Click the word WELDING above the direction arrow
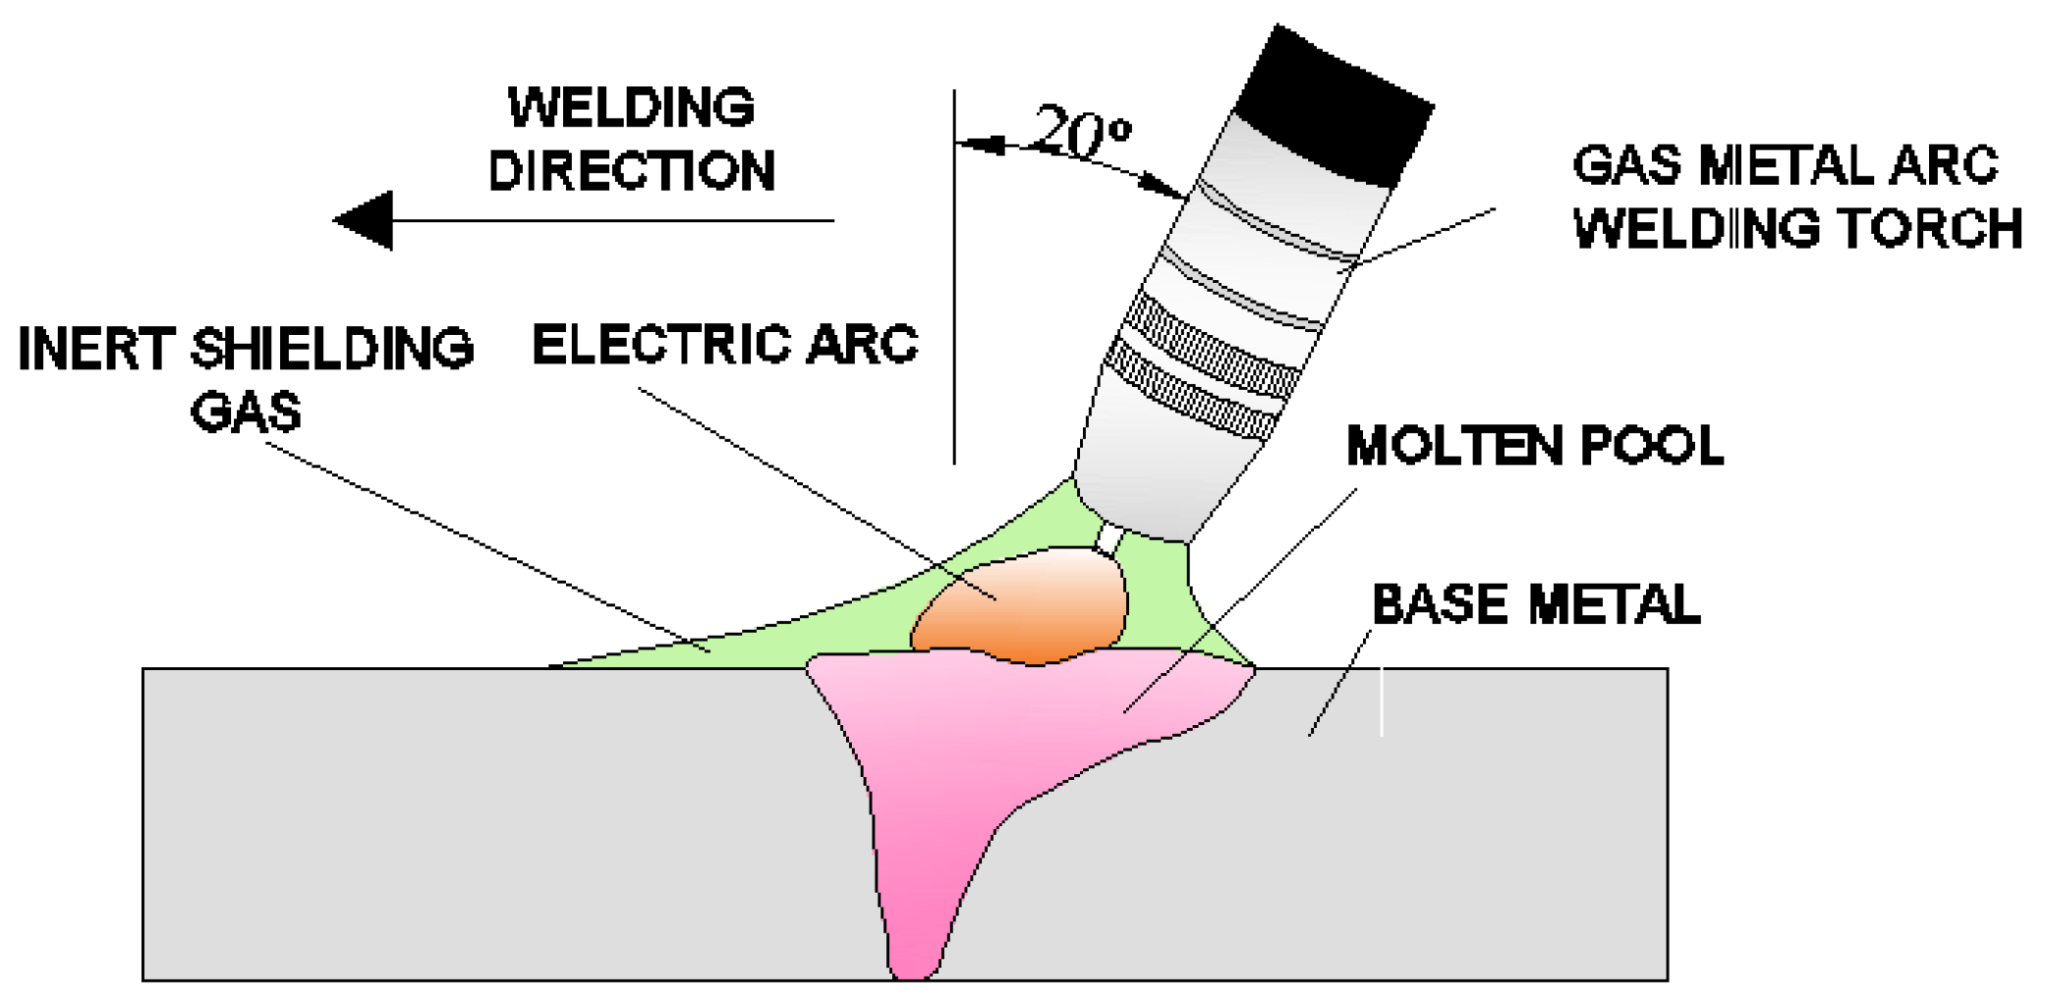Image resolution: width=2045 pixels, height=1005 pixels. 631,107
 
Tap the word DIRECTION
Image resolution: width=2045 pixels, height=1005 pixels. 631,171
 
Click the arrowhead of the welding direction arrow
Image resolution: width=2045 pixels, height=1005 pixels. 365,220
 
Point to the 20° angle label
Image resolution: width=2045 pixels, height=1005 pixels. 1082,132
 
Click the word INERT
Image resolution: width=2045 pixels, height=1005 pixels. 95,349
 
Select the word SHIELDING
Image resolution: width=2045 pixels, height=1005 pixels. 332,349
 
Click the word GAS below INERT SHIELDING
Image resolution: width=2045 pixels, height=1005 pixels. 246,411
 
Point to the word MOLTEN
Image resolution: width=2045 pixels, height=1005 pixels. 1453,446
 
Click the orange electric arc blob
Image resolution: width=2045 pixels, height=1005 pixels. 1022,607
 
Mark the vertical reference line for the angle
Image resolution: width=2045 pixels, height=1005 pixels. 954,295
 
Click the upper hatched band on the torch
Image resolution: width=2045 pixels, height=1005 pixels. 1213,344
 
